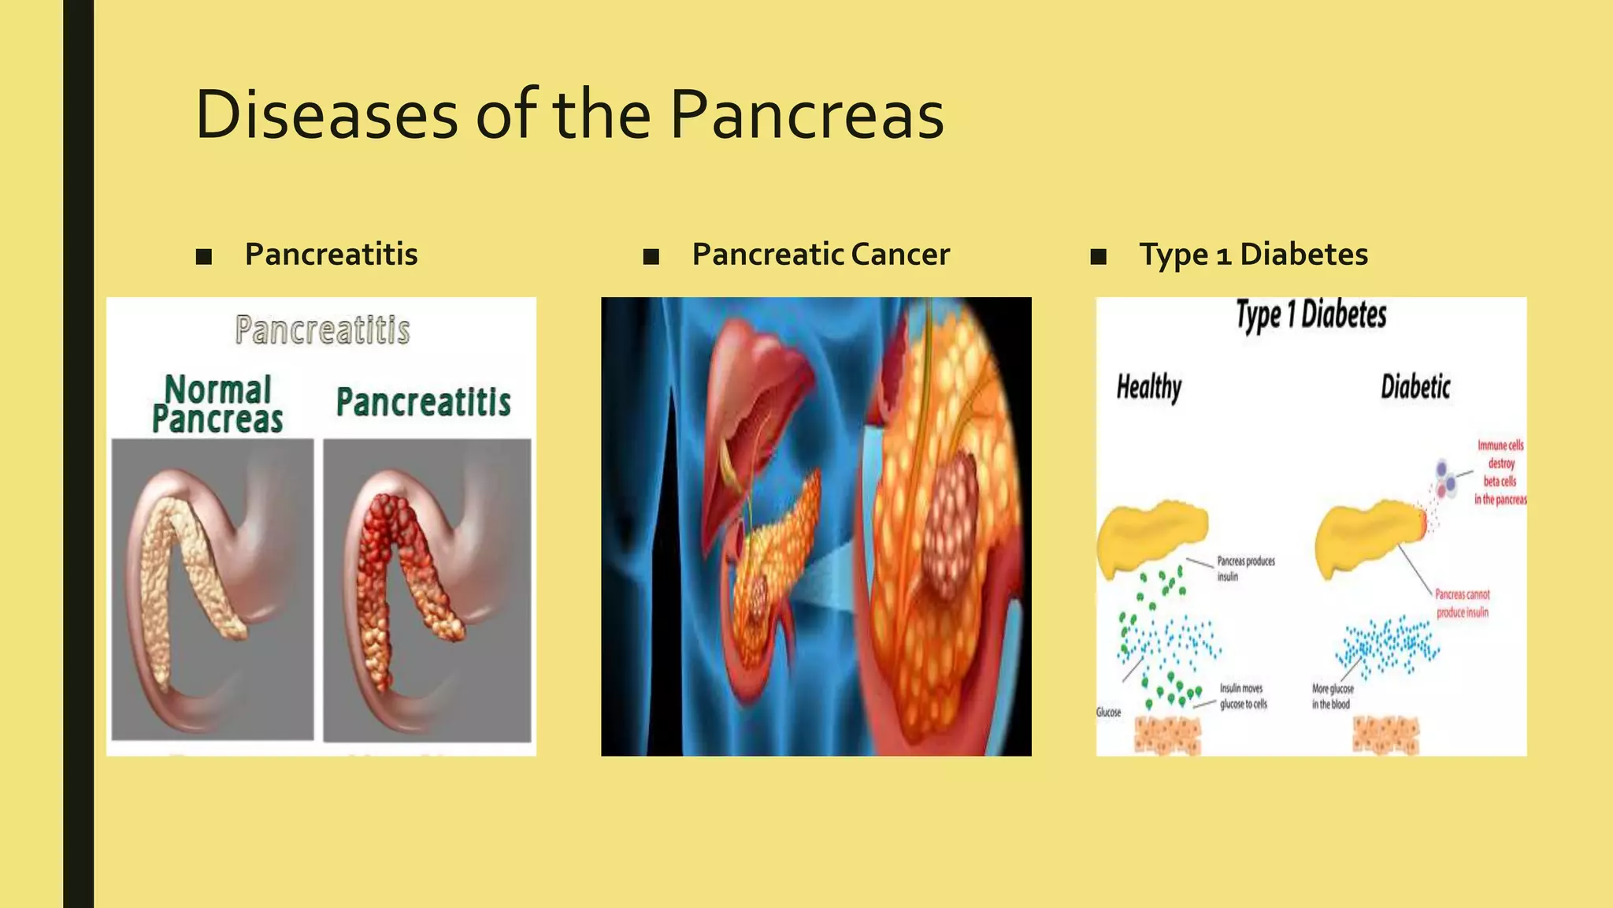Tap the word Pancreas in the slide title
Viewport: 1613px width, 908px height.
[x=806, y=115]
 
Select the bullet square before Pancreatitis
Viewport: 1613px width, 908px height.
[x=204, y=256]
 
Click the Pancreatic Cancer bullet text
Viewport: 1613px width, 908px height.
[x=821, y=255]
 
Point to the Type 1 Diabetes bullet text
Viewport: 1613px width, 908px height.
[x=1253, y=255]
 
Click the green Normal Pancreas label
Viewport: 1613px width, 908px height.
[x=217, y=404]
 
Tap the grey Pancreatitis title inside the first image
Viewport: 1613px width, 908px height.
[x=322, y=329]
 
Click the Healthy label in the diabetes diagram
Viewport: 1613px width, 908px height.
[x=1149, y=387]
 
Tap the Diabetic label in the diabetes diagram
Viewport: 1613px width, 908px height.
[x=1415, y=387]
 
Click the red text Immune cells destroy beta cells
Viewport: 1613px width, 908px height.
[x=1500, y=472]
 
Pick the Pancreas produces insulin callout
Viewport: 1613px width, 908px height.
[x=1245, y=568]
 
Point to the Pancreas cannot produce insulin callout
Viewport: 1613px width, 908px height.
[x=1462, y=603]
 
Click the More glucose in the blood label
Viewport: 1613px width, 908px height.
[x=1332, y=696]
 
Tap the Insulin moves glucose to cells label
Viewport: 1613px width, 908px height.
[x=1243, y=696]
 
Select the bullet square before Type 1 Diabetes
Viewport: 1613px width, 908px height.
[x=1099, y=256]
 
